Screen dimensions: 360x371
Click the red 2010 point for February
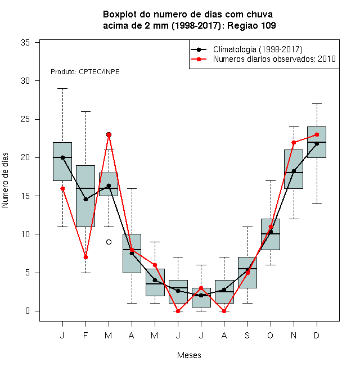(x=85, y=257)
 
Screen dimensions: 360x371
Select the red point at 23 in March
(x=109, y=135)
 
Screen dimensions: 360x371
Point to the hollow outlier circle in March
(x=109, y=242)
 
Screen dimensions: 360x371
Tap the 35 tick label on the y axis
(x=25, y=43)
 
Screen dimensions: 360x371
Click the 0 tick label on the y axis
(x=28, y=311)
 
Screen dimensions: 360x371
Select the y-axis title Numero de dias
(x=5, y=180)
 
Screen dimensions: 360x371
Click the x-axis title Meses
(x=189, y=355)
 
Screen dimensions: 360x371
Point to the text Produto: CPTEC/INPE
(x=85, y=72)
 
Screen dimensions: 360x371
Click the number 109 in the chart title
(x=268, y=25)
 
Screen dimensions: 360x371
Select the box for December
(x=317, y=142)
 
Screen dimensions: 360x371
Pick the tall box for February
(x=85, y=196)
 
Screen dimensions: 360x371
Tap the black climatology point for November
(x=294, y=171)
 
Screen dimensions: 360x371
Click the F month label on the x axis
(x=85, y=335)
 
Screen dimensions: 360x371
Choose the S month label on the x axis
(x=247, y=335)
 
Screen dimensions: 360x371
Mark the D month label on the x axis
(x=317, y=335)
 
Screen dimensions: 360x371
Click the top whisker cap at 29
(x=62, y=88)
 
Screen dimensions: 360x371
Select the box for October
(x=271, y=234)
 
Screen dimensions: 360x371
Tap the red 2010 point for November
(x=294, y=142)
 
